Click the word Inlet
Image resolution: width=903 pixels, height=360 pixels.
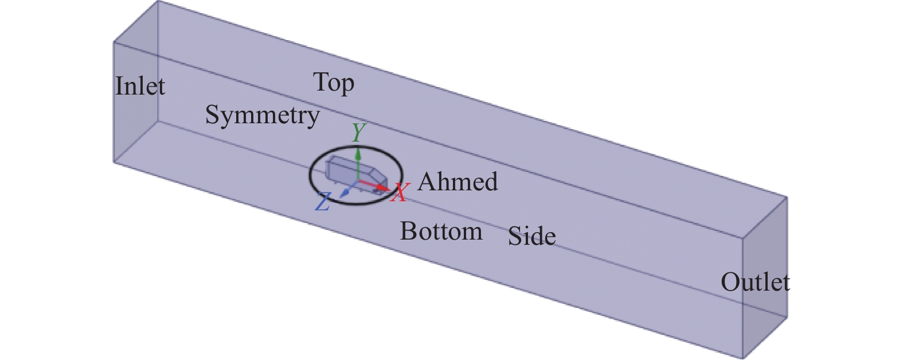(x=140, y=87)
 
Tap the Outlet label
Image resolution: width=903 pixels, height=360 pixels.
(x=755, y=282)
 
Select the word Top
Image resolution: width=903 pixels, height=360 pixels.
(x=334, y=83)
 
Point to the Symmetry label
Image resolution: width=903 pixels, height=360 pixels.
(x=262, y=116)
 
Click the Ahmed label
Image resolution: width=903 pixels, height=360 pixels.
(x=458, y=182)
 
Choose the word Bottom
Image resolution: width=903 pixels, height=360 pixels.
(x=441, y=232)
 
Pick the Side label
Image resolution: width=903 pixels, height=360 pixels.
(x=531, y=236)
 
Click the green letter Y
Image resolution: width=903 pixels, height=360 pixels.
(x=358, y=132)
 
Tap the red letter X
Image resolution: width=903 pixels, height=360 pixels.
(x=400, y=193)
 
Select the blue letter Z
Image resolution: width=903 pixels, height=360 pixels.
(x=323, y=202)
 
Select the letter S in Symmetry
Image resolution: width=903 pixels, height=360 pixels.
(x=212, y=115)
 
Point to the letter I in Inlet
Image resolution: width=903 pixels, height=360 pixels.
(x=119, y=87)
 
